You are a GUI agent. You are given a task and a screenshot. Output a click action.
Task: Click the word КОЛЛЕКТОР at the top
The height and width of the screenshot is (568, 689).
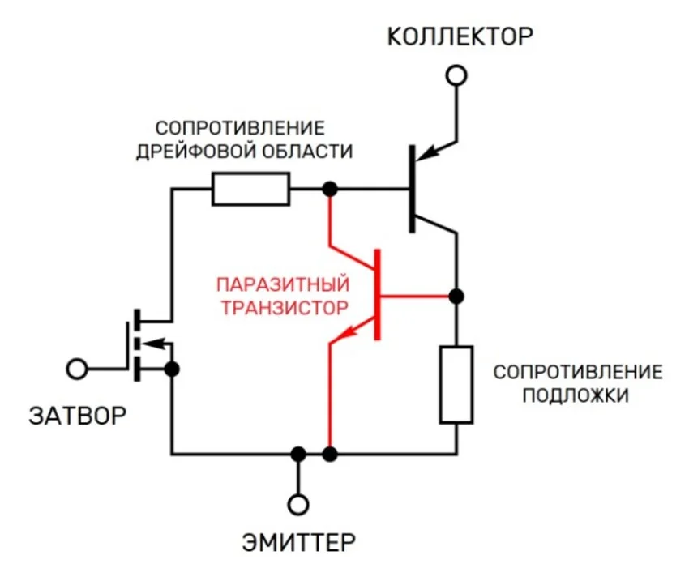pyautogui.click(x=460, y=36)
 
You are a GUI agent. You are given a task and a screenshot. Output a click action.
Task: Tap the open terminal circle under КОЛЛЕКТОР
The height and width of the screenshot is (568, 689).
pyautogui.click(x=457, y=75)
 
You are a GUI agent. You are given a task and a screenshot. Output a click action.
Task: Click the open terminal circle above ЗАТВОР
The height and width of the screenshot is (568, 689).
pyautogui.click(x=78, y=369)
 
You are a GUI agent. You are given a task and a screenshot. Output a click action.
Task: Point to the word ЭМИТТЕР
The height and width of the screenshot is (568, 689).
pyautogui.click(x=298, y=541)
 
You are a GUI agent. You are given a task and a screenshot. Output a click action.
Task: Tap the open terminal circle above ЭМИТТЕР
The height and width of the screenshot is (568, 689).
pyautogui.click(x=298, y=505)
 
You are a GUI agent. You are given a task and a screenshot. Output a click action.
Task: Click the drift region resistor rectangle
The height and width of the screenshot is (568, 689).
pyautogui.click(x=250, y=190)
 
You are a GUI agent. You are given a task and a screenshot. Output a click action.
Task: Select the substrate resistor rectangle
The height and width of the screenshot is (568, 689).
pyautogui.click(x=456, y=384)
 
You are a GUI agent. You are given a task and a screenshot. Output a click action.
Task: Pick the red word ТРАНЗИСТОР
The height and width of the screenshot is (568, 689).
pyautogui.click(x=283, y=308)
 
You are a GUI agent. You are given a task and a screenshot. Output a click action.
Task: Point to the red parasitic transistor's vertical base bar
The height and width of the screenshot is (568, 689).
pyautogui.click(x=377, y=295)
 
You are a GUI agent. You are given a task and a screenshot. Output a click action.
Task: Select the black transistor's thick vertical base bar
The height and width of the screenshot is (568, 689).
pyautogui.click(x=413, y=188)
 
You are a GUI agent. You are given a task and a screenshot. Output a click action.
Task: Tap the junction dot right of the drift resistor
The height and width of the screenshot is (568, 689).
pyautogui.click(x=329, y=190)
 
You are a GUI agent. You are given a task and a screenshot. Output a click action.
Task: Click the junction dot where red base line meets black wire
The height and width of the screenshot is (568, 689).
pyautogui.click(x=456, y=295)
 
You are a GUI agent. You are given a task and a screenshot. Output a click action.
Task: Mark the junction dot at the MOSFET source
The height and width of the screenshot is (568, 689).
pyautogui.click(x=172, y=369)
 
